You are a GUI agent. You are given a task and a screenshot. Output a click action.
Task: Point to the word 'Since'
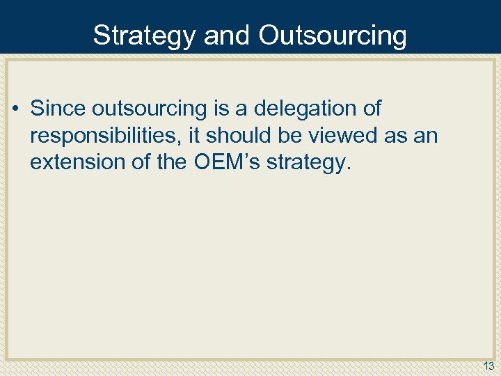tap(58, 109)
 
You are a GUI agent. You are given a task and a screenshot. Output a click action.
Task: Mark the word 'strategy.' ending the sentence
tap(305, 162)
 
